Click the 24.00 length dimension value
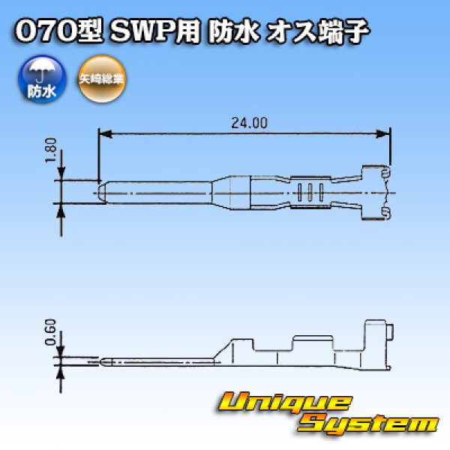tap(244, 123)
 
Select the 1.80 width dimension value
tap(51, 153)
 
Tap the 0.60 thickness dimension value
tap(50, 331)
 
